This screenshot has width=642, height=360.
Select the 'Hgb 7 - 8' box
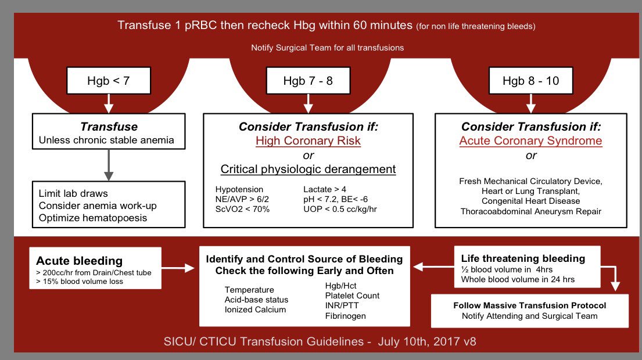[308, 81]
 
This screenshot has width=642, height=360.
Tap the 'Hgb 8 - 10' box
[530, 81]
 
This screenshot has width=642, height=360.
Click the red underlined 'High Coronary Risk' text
[308, 141]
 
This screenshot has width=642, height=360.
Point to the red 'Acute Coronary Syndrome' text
[530, 141]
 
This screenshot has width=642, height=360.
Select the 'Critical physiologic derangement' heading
[308, 170]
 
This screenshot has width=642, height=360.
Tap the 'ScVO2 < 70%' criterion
[242, 209]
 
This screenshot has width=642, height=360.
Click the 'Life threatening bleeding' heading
[523, 258]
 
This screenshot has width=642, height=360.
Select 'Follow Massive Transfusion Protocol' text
[529, 305]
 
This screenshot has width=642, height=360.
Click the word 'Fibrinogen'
[346, 316]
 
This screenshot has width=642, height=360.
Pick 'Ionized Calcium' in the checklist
[255, 309]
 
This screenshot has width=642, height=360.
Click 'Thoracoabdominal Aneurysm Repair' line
[530, 211]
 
